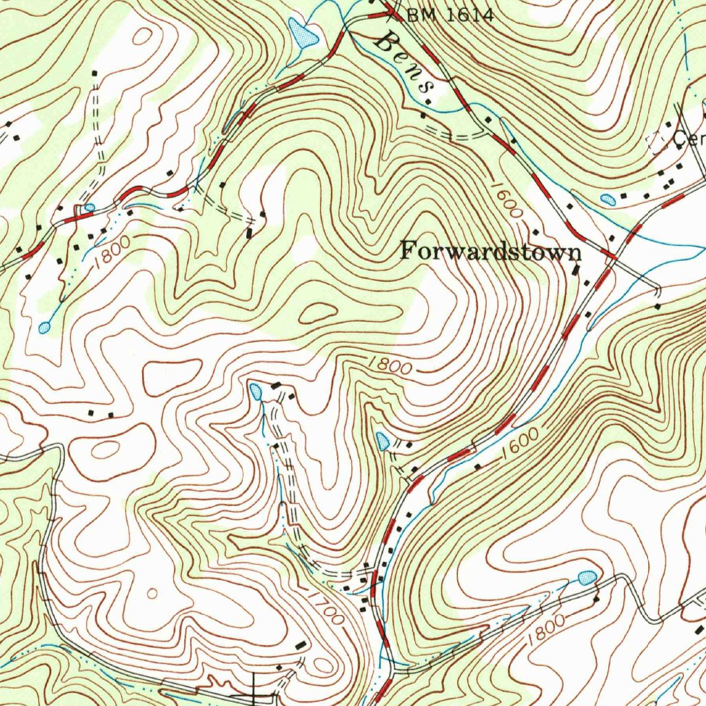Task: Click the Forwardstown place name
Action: point(491,251)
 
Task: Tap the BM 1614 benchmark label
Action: point(450,14)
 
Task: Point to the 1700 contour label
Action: point(324,606)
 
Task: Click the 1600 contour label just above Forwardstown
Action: point(507,200)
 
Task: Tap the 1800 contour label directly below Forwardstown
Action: point(390,365)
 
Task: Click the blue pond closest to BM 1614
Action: point(302,32)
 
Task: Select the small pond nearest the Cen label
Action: point(608,200)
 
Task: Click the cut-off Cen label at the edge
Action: point(689,140)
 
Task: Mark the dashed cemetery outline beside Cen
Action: point(658,142)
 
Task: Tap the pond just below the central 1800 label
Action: point(383,441)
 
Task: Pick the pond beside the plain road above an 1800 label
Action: point(587,577)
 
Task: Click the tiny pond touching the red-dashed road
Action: point(89,207)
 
